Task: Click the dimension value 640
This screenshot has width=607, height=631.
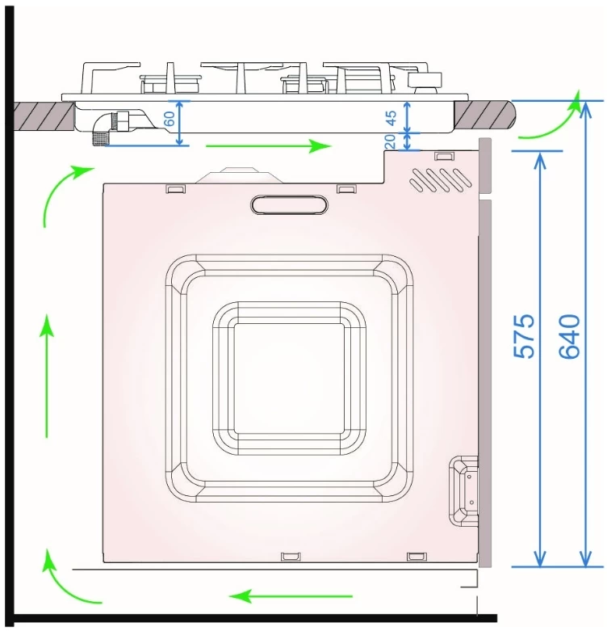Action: tap(570, 336)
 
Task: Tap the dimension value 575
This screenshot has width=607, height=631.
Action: tap(525, 336)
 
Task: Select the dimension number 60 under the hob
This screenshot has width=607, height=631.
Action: tap(170, 119)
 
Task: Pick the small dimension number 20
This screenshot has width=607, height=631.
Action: tap(390, 141)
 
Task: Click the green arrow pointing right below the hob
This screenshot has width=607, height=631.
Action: tap(268, 145)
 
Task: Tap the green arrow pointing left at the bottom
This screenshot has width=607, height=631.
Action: tap(291, 595)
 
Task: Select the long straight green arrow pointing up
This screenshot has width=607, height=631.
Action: tap(47, 376)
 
